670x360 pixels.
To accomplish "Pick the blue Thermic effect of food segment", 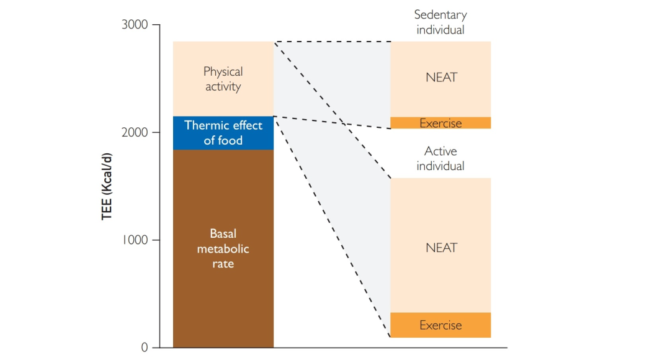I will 223,133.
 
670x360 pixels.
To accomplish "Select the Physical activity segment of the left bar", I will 223,79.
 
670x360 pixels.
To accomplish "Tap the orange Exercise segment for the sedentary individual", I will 440,123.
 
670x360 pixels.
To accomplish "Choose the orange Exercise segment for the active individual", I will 440,325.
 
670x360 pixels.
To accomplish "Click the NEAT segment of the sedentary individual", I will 440,78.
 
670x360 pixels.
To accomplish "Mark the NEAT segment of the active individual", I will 440,248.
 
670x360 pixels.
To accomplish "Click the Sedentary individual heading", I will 440,22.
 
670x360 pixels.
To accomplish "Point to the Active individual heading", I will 440,158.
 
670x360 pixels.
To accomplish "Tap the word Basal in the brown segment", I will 223,234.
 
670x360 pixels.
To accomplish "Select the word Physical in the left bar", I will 223,72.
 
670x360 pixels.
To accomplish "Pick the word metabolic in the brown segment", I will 223,249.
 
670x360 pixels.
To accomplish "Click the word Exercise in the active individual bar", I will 440,325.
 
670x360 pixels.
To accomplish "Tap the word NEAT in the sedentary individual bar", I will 440,78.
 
